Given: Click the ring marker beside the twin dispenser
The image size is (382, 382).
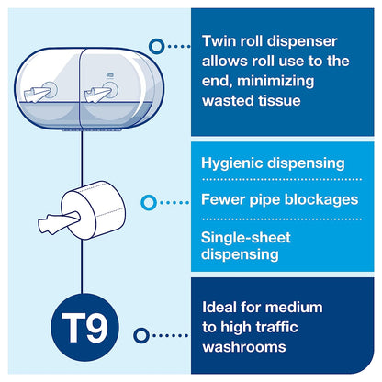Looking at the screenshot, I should point(155,43).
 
